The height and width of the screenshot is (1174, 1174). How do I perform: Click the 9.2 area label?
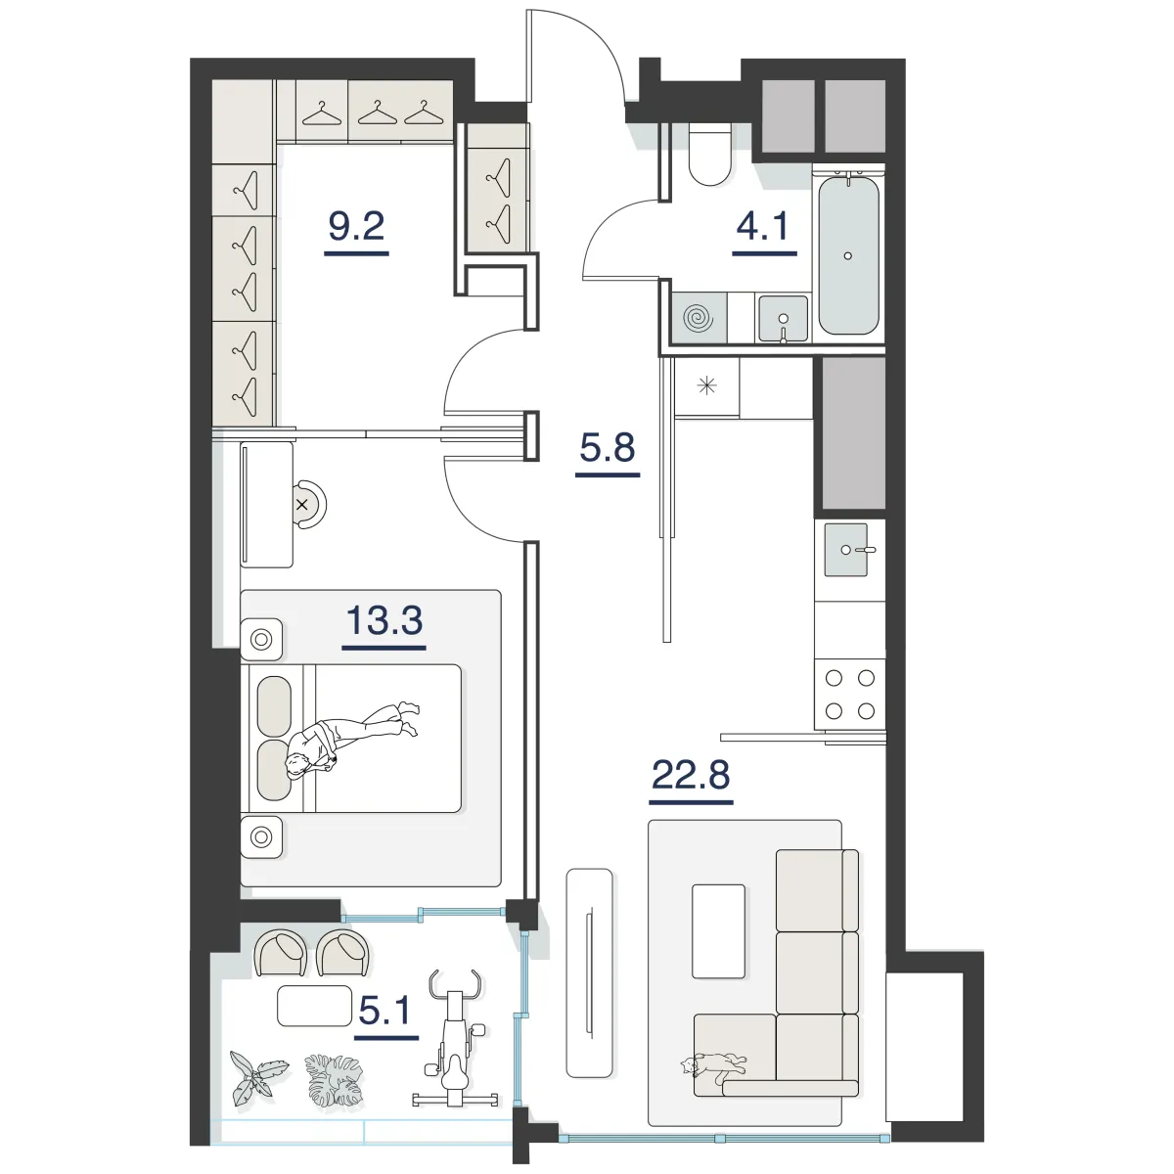point(356,227)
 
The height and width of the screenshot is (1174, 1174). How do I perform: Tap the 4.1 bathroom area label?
point(763,226)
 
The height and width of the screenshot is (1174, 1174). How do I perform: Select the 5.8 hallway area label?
point(608,447)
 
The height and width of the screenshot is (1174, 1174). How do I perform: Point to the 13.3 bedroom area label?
point(384,620)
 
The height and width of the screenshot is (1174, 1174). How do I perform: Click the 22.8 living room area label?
point(691,775)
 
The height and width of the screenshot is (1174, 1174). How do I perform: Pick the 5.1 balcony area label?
point(385,1011)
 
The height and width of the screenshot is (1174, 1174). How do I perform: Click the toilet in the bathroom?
point(709,155)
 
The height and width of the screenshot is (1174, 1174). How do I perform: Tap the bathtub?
point(848,254)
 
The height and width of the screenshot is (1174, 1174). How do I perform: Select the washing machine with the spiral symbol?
point(699,317)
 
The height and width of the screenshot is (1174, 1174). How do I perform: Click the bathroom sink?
point(783,319)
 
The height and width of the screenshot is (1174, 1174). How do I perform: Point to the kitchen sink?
point(846,550)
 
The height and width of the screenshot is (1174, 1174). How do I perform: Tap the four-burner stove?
point(849,694)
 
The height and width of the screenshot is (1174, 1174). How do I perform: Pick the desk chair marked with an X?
point(308,505)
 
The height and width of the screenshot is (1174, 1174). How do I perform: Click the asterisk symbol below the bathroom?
point(706,385)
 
